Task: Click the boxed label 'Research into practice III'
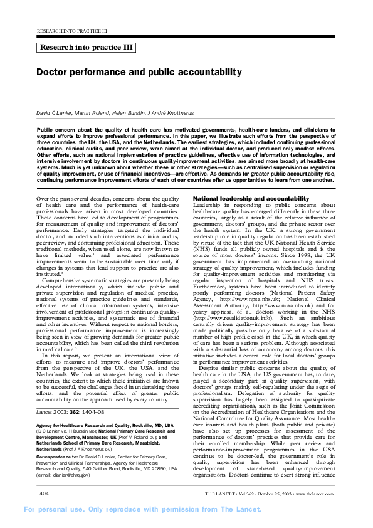click(86, 47)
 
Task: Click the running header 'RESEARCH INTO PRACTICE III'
click(72, 30)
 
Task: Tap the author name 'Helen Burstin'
click(126, 111)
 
